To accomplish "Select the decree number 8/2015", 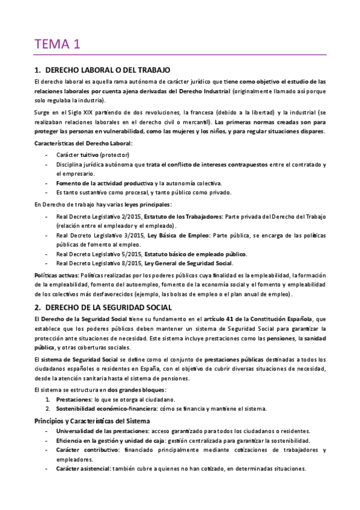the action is pyautogui.click(x=124, y=263).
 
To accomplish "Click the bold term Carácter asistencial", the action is pyautogui.click(x=84, y=469).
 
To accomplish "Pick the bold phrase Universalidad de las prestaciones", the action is pyautogui.click(x=102, y=431).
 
